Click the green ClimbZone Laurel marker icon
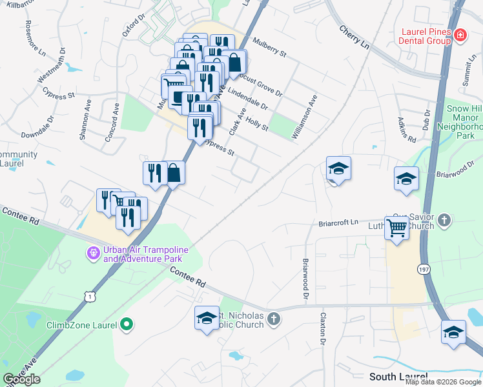[x=127, y=325]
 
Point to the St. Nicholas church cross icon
[x=274, y=319]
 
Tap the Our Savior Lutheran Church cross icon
[x=444, y=221]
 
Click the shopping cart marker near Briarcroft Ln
[x=396, y=227]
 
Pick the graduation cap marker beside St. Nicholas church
[x=207, y=317]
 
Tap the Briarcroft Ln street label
[x=338, y=224]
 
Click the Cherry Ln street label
[x=354, y=37]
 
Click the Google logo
[x=22, y=379]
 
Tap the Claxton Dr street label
[x=322, y=330]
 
